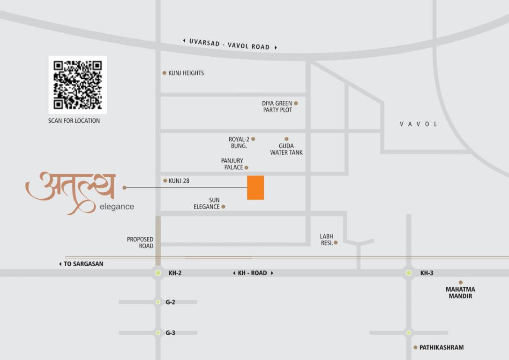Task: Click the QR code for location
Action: pyautogui.click(x=77, y=85)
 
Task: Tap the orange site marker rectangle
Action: pyautogui.click(x=255, y=187)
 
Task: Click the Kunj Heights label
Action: pyautogui.click(x=186, y=73)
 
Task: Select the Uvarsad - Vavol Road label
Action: pyautogui.click(x=230, y=44)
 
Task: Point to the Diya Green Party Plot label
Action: pyautogui.click(x=277, y=106)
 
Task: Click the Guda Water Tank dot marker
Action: pyautogui.click(x=286, y=139)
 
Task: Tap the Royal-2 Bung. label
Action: pyautogui.click(x=239, y=142)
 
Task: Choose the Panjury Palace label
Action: pyautogui.click(x=232, y=164)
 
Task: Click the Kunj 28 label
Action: pyautogui.click(x=179, y=181)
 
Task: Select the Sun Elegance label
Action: pyautogui.click(x=207, y=203)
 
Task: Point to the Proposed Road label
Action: pyautogui.click(x=140, y=242)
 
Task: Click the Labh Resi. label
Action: pyautogui.click(x=326, y=240)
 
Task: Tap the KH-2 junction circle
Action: pyautogui.click(x=158, y=273)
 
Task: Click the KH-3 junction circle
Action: pyautogui.click(x=409, y=273)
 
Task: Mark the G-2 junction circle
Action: pyautogui.click(x=158, y=302)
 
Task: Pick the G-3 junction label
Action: pyautogui.click(x=171, y=333)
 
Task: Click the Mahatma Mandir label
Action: pyautogui.click(x=460, y=293)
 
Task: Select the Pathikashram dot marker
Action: pyautogui.click(x=415, y=347)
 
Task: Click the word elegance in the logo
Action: pyautogui.click(x=117, y=207)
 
